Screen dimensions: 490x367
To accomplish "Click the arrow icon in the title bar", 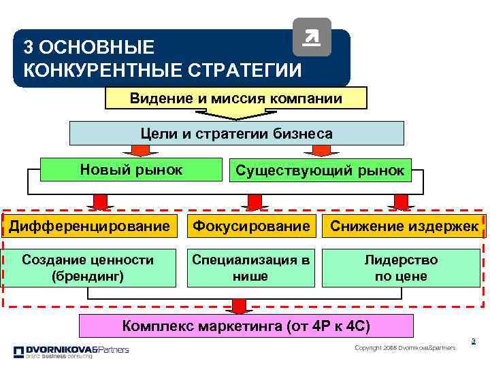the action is coord(311,37).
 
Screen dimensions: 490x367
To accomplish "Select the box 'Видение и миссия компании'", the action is coord(235,98).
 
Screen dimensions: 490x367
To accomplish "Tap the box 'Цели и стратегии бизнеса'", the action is coord(237,133).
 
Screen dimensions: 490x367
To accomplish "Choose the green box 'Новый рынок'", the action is coord(131,169).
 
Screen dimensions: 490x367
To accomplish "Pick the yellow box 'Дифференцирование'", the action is coord(88,225).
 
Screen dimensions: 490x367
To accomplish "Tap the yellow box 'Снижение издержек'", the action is coord(404,225).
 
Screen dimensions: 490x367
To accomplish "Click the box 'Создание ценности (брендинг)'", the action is coord(88,268).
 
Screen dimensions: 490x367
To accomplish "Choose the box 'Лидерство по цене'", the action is coord(401,268).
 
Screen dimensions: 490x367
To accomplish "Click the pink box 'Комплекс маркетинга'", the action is coord(245,326).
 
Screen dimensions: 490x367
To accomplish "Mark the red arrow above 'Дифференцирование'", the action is coord(100,201).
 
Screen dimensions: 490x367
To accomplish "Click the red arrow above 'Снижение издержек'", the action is coord(400,201).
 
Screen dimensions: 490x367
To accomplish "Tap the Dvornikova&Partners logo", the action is coord(71,351).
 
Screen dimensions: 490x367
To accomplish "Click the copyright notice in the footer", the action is coord(405,348).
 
